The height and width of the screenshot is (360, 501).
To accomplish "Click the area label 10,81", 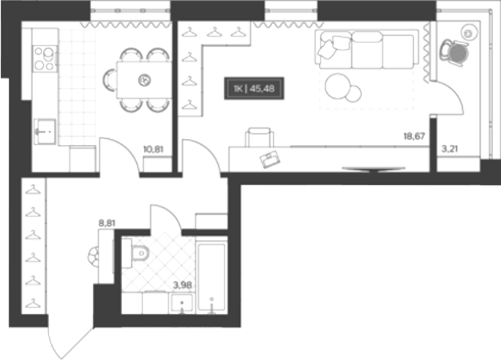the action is (154, 149).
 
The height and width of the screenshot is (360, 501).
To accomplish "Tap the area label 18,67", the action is (414, 137).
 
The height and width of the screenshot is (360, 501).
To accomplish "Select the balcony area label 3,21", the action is (449, 149).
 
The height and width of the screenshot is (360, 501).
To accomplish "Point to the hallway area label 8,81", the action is (107, 223).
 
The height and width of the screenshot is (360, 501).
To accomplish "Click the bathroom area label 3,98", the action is (182, 285).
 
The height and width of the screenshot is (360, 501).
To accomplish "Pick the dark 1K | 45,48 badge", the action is (254, 89).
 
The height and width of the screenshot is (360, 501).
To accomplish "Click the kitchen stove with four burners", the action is (45, 59).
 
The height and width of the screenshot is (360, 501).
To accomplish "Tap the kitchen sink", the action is (45, 131).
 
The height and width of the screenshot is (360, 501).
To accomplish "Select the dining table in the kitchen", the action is (144, 80).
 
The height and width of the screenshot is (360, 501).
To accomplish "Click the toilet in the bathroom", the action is (139, 253).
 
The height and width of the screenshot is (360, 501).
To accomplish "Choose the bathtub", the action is (211, 277).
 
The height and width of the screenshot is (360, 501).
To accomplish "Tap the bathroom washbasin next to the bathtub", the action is (182, 303).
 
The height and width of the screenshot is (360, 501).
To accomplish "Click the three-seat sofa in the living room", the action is (367, 49).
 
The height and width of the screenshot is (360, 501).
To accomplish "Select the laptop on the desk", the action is (271, 159).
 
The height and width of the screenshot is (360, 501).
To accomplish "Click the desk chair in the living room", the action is (259, 137).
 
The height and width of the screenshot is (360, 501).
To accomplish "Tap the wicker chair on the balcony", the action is (454, 52).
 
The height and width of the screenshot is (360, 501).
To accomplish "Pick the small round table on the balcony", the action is (469, 32).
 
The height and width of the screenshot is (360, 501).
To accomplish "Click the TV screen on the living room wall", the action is (374, 168).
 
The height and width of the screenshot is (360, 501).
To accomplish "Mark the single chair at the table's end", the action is (109, 80).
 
